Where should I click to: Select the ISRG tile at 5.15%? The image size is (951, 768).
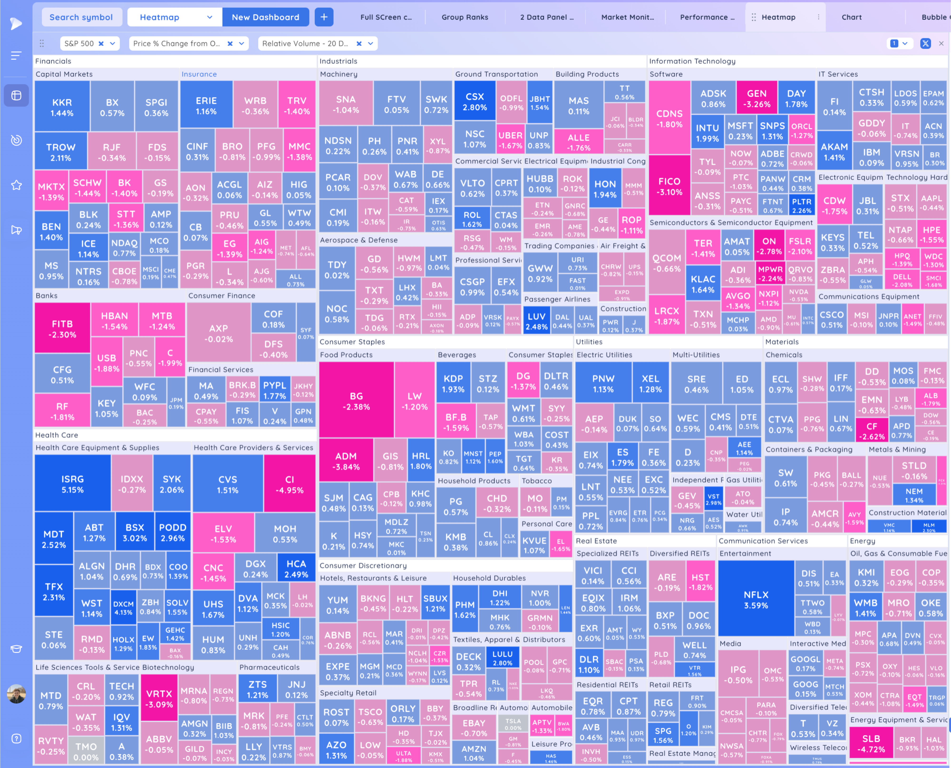[x=73, y=484]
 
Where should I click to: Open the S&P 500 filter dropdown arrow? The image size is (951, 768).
[x=112, y=43]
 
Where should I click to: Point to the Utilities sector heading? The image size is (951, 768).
[x=589, y=341]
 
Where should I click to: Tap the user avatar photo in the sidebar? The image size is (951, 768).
[x=16, y=694]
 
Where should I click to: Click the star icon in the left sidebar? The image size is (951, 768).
[x=16, y=185]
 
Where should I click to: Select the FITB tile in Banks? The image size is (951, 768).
[x=62, y=329]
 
